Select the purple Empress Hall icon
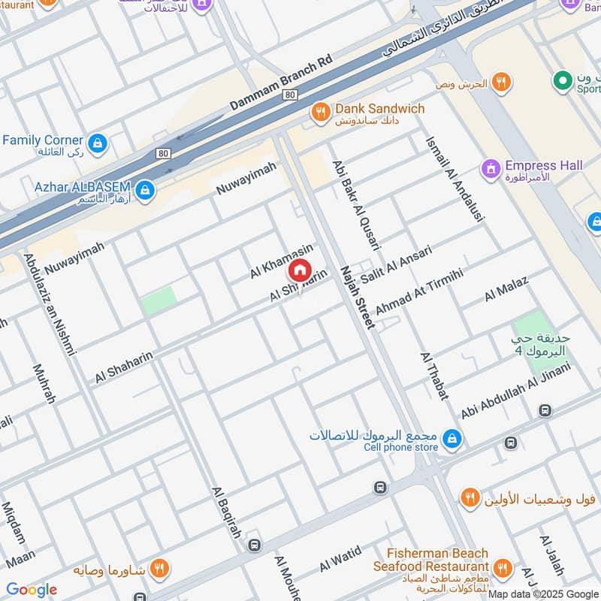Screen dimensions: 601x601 (x=491, y=170)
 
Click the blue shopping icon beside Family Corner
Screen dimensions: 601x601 (x=97, y=143)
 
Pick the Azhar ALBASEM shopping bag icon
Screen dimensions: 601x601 (x=145, y=190)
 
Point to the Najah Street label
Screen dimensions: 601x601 (x=357, y=297)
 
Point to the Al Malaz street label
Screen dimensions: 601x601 (x=506, y=289)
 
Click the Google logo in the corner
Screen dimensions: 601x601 (x=31, y=590)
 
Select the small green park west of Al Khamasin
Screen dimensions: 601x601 (x=159, y=300)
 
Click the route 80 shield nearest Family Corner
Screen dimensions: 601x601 (x=162, y=153)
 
